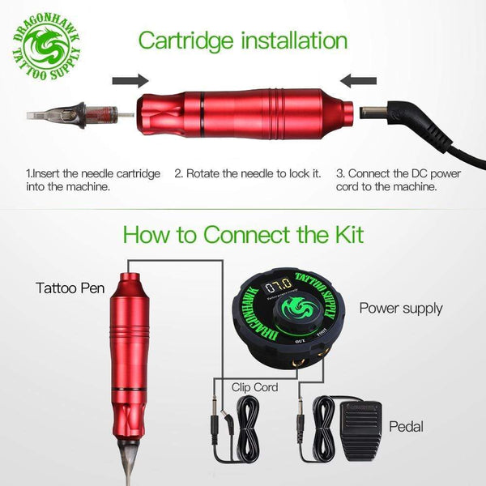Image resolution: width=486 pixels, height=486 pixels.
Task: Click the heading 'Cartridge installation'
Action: tap(242, 40)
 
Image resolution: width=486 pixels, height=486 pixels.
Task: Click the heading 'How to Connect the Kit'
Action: tap(242, 234)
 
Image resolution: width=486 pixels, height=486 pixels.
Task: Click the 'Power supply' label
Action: tap(401, 308)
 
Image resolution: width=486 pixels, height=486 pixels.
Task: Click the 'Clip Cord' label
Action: tap(254, 387)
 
